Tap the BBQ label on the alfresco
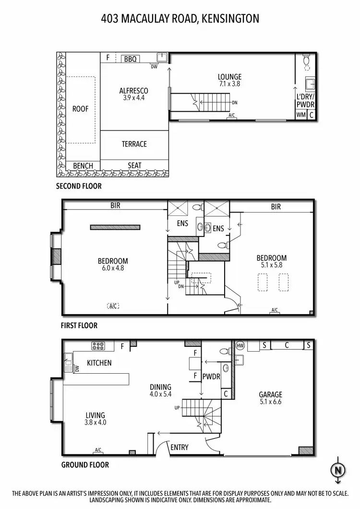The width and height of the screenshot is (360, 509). click(130, 59)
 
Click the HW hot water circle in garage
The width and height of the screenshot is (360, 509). click(240, 345)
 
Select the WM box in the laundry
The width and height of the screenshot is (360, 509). click(300, 115)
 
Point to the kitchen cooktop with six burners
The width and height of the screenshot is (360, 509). click(99, 345)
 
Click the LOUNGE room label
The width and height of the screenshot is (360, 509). click(229, 77)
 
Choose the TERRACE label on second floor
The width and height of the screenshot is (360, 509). click(134, 144)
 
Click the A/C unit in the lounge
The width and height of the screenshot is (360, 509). click(232, 115)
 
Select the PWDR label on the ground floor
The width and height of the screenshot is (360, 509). click(211, 377)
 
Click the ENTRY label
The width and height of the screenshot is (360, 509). click(180, 447)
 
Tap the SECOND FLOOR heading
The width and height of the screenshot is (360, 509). click(79, 186)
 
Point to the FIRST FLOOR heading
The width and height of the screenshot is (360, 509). click(79, 325)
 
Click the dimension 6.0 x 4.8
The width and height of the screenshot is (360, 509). click(113, 268)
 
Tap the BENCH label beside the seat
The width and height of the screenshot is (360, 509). click(83, 166)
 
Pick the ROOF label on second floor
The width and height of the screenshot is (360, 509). click(81, 109)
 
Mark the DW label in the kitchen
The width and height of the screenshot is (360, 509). click(76, 368)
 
